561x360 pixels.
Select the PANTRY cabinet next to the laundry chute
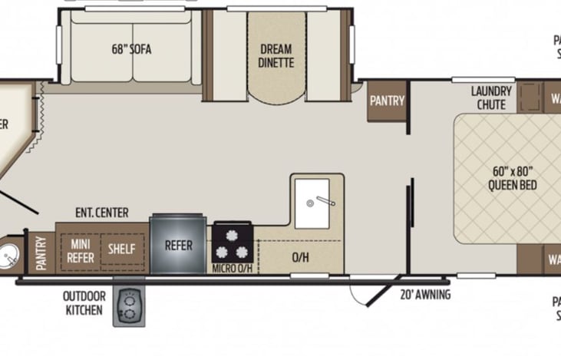point(387,101)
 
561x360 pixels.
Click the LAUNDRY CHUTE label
point(490,97)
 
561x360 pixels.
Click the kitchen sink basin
point(312,203)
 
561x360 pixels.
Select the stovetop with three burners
point(233,243)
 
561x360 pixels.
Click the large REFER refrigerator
point(177,246)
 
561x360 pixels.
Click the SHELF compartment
point(121,249)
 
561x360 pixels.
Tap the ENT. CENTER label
point(101,213)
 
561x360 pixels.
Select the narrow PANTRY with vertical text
point(41,252)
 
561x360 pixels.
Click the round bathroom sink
point(10,254)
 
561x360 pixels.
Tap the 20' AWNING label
point(424,295)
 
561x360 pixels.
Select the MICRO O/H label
point(233,269)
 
